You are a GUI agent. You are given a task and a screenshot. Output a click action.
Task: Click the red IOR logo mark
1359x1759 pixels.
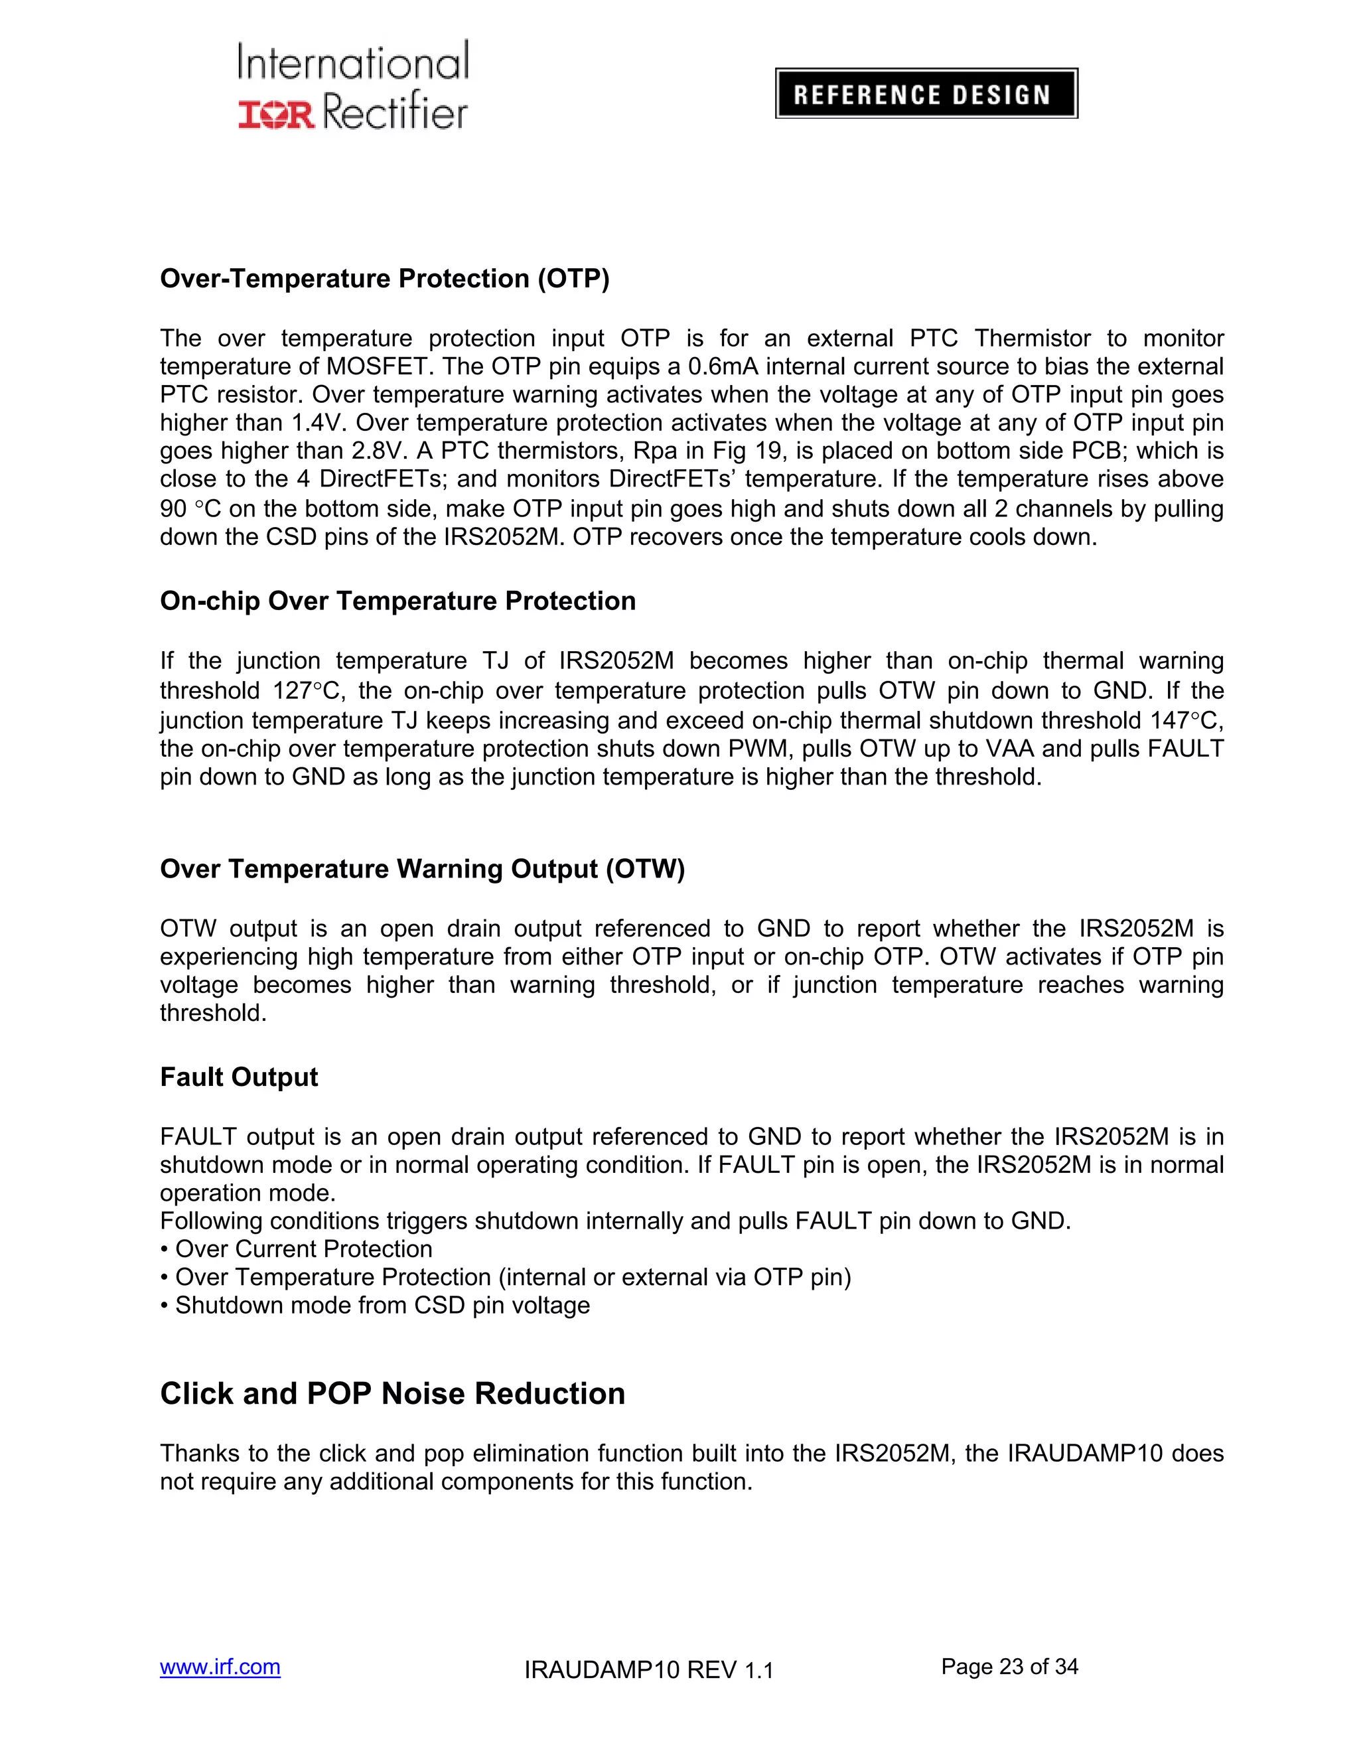click(x=276, y=114)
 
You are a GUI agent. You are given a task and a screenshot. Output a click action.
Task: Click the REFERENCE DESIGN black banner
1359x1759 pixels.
click(x=926, y=94)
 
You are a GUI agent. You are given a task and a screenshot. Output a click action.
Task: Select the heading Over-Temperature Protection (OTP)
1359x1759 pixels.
click(x=385, y=279)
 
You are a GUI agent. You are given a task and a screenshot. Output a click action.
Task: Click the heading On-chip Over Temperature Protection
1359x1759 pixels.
click(x=397, y=601)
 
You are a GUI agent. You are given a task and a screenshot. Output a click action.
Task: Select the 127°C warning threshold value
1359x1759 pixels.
click(x=307, y=691)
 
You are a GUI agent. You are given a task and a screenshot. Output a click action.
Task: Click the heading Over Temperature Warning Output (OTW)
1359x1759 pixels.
click(x=422, y=869)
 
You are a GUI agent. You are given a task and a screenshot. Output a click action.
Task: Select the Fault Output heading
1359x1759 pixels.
click(x=239, y=1077)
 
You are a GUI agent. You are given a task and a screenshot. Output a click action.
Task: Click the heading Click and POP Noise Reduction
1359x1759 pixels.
click(x=392, y=1394)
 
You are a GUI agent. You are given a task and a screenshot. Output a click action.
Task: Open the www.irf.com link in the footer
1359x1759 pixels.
click(x=220, y=1667)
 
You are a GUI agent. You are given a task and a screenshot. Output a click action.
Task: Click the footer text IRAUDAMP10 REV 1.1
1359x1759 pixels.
click(x=648, y=1671)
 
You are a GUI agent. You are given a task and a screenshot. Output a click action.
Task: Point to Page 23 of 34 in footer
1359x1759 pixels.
click(x=1009, y=1667)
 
